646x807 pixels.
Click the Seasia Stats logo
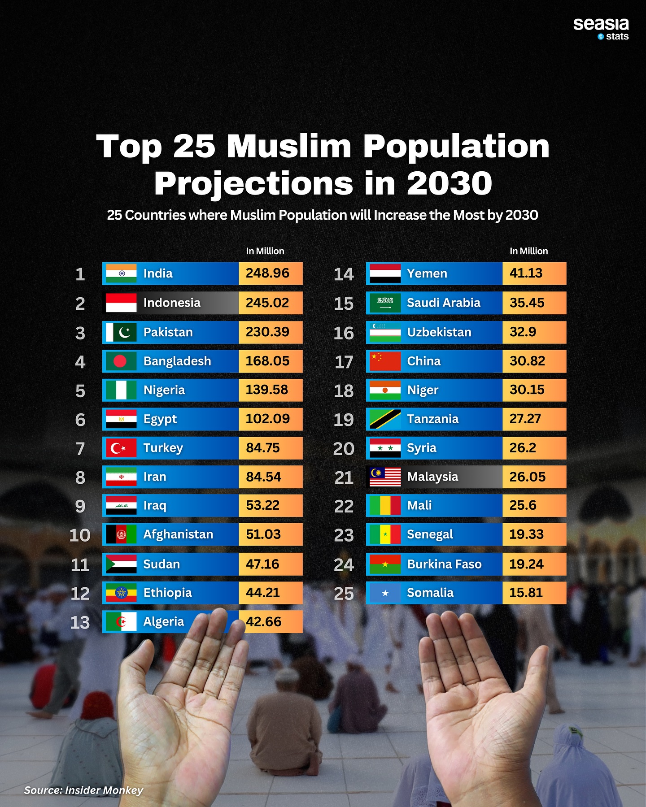[x=601, y=29]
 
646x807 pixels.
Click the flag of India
[x=121, y=273]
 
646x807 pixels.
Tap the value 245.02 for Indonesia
[x=267, y=303]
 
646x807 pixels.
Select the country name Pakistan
[x=168, y=332]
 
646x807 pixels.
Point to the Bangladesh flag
[x=121, y=361]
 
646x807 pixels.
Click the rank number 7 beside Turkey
[x=80, y=448]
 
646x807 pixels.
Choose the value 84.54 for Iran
[x=263, y=477]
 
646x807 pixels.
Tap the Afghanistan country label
[x=178, y=534]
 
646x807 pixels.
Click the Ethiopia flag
[x=121, y=593]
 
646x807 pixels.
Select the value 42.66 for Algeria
[x=264, y=622]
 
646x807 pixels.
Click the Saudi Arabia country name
[x=443, y=303]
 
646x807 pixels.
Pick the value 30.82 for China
[x=527, y=361]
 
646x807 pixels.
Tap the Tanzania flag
[x=385, y=419]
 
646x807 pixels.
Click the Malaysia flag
[x=385, y=477]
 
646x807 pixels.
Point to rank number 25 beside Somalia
[x=344, y=594]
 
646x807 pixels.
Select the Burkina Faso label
[x=444, y=564]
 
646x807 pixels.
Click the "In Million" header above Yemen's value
[x=528, y=251]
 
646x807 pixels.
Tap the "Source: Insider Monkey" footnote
[x=83, y=790]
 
